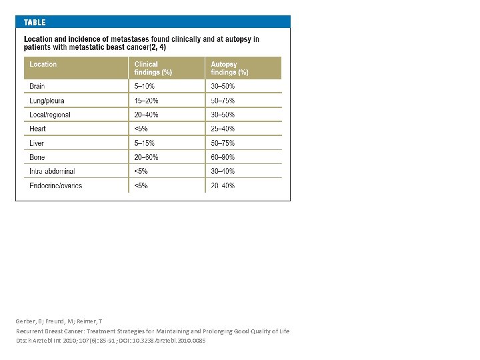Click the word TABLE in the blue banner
35,22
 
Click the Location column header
43,65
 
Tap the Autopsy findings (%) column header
229,68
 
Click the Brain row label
37,86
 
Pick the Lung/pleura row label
47,101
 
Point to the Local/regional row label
50,115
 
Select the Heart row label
37,129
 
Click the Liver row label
37,143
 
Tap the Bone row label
37,157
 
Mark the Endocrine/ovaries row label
56,185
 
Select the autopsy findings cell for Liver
223,143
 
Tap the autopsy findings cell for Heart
223,129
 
